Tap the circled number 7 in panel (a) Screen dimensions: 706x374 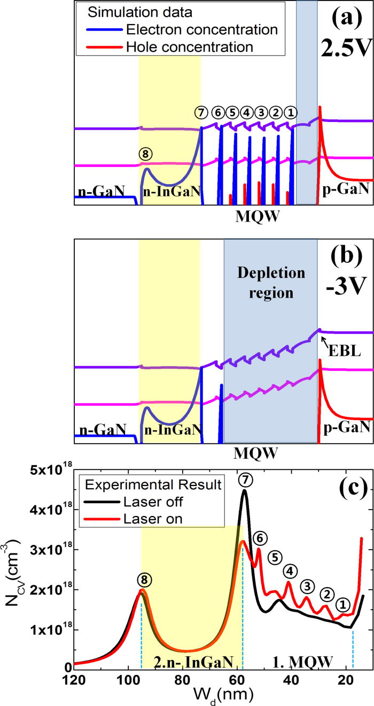(x=201, y=113)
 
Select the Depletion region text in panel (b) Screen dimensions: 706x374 (x=271, y=283)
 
